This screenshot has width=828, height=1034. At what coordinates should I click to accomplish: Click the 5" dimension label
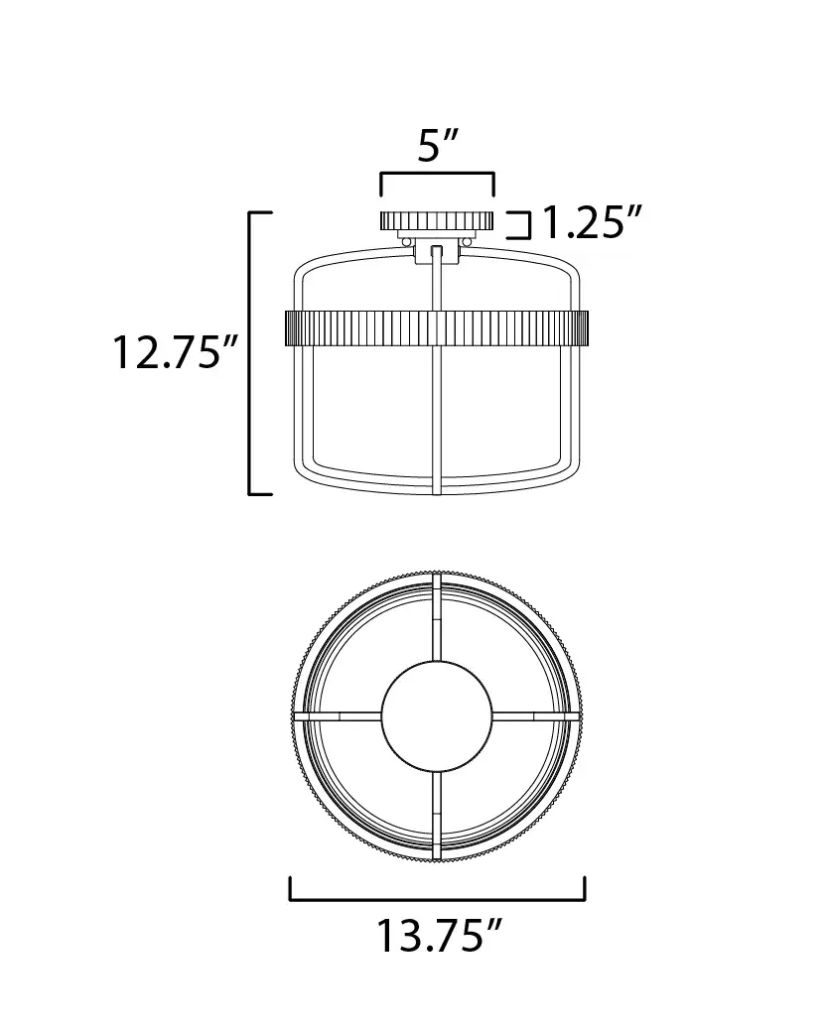(438, 147)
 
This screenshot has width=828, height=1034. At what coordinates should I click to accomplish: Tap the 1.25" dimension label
(592, 222)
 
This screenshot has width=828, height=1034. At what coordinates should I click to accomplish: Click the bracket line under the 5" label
(437, 174)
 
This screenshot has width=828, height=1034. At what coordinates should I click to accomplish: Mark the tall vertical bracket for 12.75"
(251, 353)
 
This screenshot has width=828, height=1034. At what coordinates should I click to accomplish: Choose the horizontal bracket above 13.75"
(438, 899)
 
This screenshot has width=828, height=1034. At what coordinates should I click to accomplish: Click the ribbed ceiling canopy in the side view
(437, 220)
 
